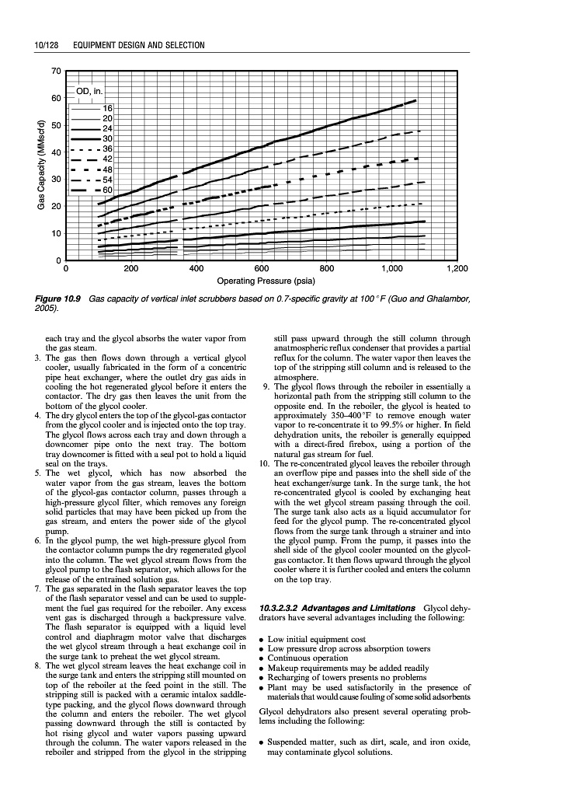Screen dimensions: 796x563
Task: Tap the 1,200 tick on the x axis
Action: pos(458,268)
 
